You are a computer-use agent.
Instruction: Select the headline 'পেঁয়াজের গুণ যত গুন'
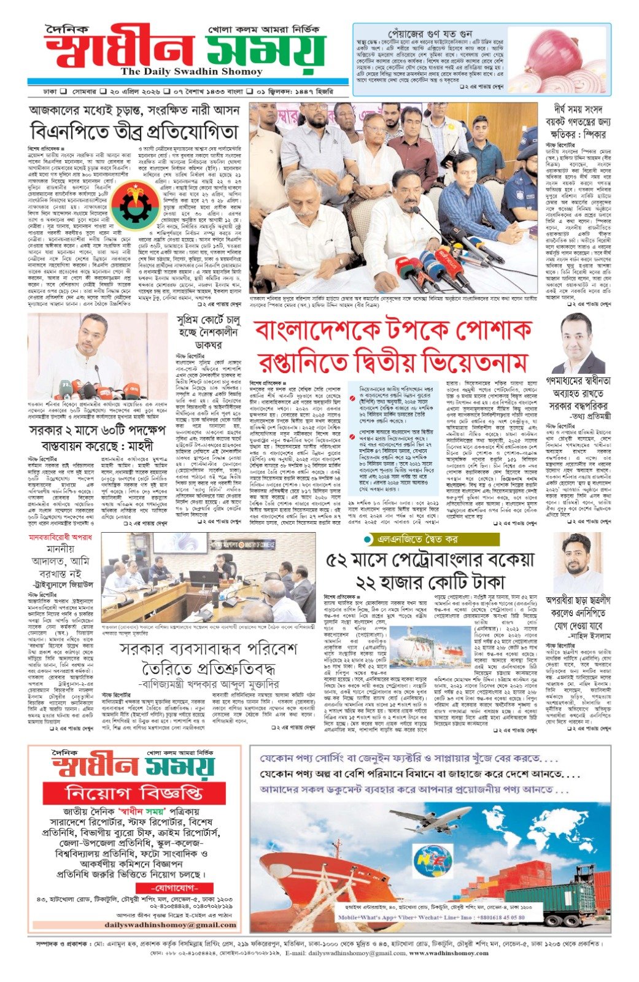[x=430, y=33]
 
